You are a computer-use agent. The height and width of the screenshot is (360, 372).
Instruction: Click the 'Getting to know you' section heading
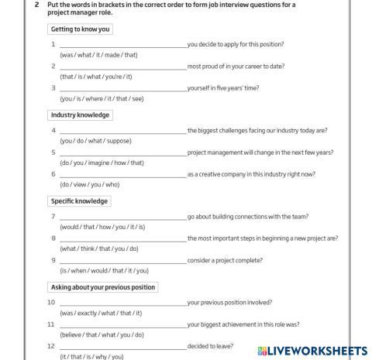[80, 29]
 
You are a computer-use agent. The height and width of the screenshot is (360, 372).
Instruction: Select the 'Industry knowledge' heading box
[80, 115]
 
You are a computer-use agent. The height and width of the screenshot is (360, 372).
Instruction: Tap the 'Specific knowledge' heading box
[79, 201]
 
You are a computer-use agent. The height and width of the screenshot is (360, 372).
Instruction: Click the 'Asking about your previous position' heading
[102, 287]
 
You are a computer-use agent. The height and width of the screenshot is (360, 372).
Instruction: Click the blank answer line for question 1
[122, 46]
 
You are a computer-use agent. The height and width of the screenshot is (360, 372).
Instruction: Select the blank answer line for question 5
[122, 153]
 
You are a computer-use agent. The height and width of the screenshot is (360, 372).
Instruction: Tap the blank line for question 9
[122, 261]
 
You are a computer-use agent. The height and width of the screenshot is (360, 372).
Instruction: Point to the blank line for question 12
[122, 347]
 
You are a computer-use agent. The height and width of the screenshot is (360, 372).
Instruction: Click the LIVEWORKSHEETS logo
[309, 351]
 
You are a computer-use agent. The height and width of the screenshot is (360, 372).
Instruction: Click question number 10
[51, 303]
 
